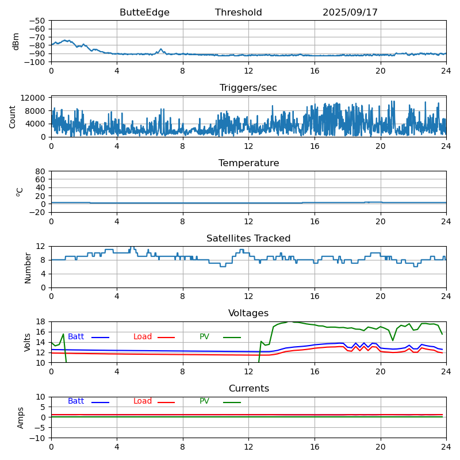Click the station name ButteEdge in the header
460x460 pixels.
[144, 13]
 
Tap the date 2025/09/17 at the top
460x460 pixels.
[350, 13]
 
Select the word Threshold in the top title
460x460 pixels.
[238, 13]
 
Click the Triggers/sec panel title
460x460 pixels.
[248, 88]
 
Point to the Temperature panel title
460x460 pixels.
[248, 163]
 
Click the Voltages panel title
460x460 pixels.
[248, 313]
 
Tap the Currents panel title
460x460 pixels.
[248, 389]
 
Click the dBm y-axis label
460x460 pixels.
[16, 41]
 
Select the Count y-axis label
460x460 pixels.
[13, 116]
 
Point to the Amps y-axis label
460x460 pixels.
[21, 417]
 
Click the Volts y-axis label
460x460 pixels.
[28, 342]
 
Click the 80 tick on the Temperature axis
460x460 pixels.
[41, 171]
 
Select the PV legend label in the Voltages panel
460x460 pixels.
[205, 337]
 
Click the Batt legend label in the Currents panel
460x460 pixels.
[76, 401]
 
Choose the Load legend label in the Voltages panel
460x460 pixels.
[143, 337]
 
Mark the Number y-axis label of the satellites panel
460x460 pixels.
[28, 267]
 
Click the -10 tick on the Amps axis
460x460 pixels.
[39, 438]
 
